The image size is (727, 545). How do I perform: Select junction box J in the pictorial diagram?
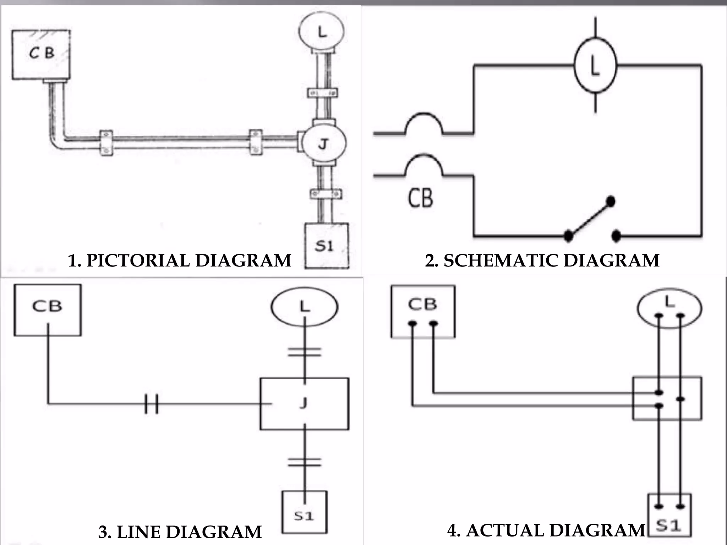(323, 144)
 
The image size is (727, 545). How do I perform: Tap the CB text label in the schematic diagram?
(420, 198)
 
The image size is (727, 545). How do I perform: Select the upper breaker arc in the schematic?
(423, 122)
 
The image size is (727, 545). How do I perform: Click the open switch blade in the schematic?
(589, 219)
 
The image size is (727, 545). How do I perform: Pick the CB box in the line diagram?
(47, 310)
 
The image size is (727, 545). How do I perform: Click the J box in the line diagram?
(304, 403)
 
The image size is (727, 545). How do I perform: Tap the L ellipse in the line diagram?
(304, 306)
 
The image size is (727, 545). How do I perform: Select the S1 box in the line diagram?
(304, 512)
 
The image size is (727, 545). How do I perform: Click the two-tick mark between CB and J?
(152, 403)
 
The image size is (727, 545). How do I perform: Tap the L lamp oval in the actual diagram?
(669, 308)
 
